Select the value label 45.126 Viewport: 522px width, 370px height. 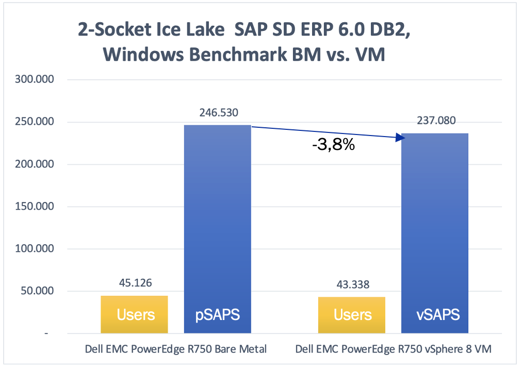pos(135,283)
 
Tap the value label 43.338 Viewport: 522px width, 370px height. pos(352,284)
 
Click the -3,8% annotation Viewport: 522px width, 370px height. pos(333,145)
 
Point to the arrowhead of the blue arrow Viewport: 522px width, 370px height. pos(400,137)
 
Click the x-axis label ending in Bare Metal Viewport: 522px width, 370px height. pos(176,349)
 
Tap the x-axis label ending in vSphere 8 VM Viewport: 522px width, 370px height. pos(394,349)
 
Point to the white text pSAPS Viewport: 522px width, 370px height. pos(217,314)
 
